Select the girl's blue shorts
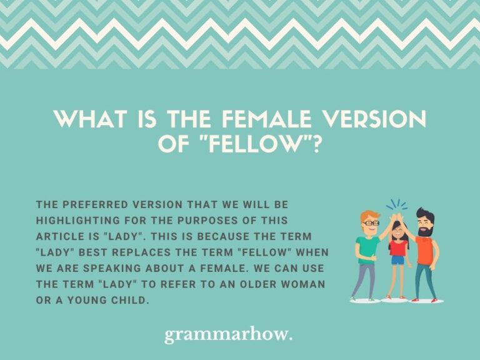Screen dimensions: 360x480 click(x=397, y=260)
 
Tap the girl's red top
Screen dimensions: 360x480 click(x=398, y=247)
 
